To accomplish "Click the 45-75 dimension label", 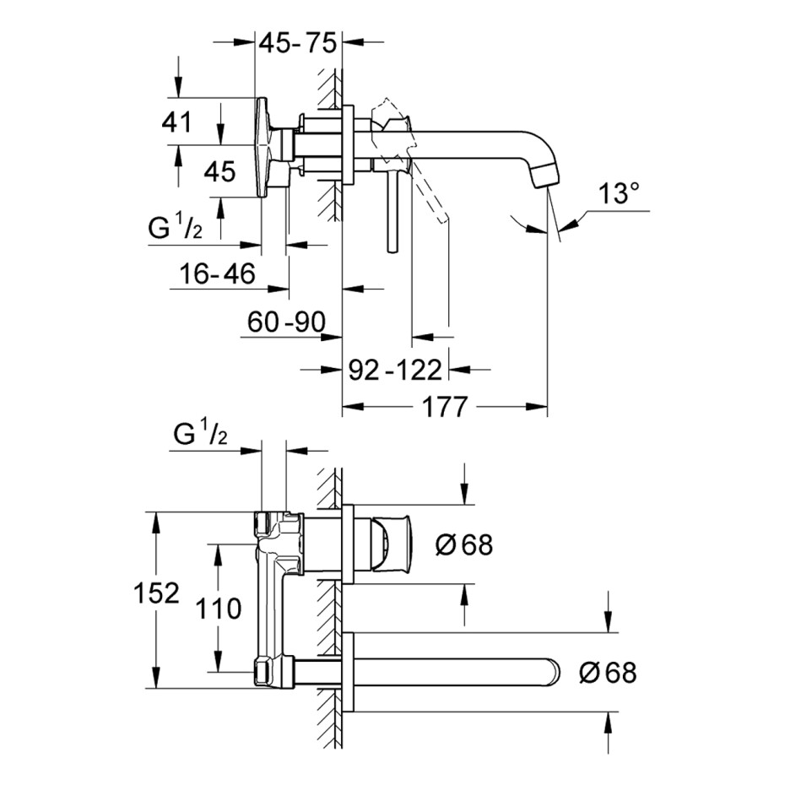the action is click(x=298, y=43).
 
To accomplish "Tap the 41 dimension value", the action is click(x=176, y=122).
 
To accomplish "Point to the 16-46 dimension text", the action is click(x=217, y=273).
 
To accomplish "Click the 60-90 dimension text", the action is click(x=286, y=322).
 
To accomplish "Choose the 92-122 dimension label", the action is click(x=395, y=370).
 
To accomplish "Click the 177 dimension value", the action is click(x=445, y=407).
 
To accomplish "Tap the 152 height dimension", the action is click(x=156, y=593).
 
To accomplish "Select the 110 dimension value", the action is click(x=219, y=609).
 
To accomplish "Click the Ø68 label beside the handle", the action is click(x=464, y=544).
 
